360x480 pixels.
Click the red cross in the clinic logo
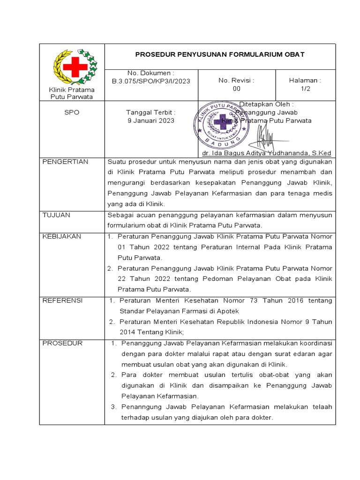click(x=75, y=67)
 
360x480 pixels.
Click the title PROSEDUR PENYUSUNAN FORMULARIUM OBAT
click(x=220, y=54)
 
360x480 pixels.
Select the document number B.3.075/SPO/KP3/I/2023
click(x=151, y=81)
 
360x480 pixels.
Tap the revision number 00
click(x=236, y=89)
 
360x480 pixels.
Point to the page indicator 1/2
click(x=305, y=89)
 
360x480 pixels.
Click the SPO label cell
click(x=72, y=112)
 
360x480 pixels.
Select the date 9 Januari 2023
click(x=151, y=120)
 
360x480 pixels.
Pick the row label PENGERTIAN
click(x=65, y=162)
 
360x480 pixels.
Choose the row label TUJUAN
click(x=56, y=215)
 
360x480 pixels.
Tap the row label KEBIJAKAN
click(x=61, y=237)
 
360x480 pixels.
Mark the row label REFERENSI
click(x=62, y=300)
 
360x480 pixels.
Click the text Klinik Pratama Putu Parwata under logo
click(x=72, y=93)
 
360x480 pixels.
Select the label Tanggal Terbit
click(x=151, y=112)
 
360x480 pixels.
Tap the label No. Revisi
click(x=236, y=81)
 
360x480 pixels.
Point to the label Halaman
click(x=305, y=81)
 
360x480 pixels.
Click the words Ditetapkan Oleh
click(x=266, y=104)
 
